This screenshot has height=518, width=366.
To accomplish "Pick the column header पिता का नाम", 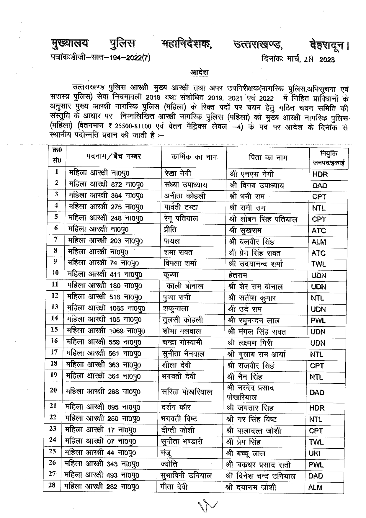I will tap(268, 158).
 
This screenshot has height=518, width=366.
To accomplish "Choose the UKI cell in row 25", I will tap(315, 453).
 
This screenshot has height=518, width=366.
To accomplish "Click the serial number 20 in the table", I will tap(53, 390).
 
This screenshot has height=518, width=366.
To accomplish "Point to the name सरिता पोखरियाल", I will tap(187, 392).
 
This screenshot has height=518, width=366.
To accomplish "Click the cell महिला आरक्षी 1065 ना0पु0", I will tap(106, 308).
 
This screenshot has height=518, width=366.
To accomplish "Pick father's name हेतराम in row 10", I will tap(238, 275).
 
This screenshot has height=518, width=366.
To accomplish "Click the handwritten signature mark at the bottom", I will tap(208, 506).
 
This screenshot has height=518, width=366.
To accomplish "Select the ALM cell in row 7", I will tap(319, 242).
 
